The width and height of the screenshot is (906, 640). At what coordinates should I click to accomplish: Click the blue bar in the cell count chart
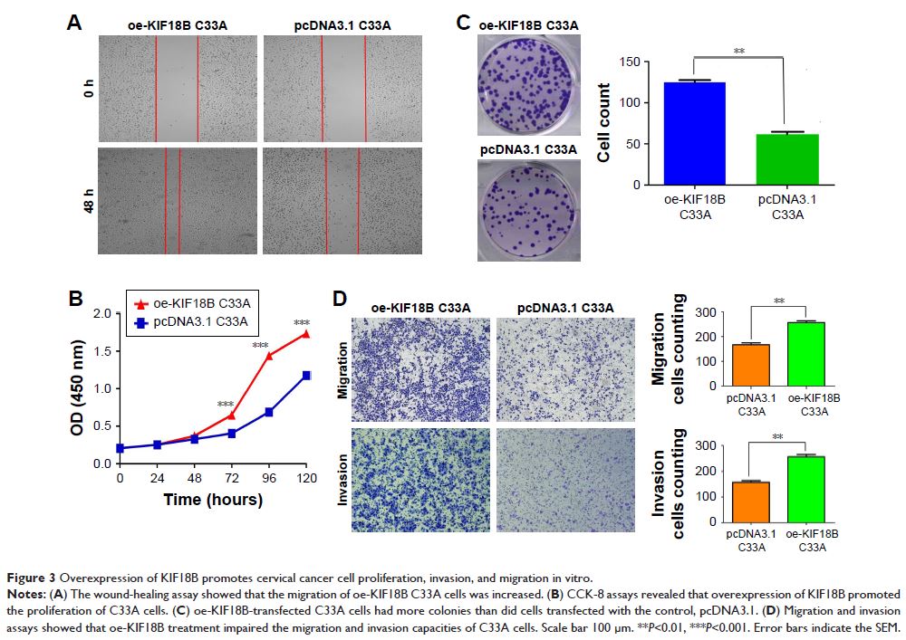pos(693,133)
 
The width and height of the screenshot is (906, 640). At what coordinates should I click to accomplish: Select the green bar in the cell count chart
pos(787,159)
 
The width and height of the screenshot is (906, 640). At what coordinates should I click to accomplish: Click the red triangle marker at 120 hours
pos(307,333)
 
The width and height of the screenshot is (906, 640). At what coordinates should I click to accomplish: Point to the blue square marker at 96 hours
pos(269,413)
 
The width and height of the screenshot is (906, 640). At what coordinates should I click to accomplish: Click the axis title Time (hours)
pos(213,500)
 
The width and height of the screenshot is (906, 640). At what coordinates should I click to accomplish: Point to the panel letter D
pos(338,300)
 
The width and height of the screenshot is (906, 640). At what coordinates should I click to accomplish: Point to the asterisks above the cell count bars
pos(740,53)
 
